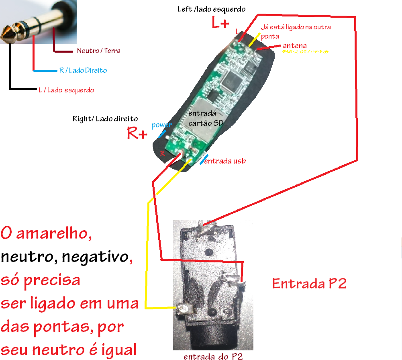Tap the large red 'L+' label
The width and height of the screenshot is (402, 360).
pyautogui.click(x=221, y=23)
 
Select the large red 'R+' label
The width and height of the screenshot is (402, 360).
pyautogui.click(x=137, y=133)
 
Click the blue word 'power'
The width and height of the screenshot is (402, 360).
pyautogui.click(x=161, y=125)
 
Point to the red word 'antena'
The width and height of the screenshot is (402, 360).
pyautogui.click(x=295, y=46)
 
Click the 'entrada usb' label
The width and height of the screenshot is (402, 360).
pyautogui.click(x=225, y=161)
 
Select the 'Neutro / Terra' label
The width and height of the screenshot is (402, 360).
pyautogui.click(x=98, y=51)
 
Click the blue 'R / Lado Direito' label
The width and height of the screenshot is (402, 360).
pyautogui.click(x=83, y=70)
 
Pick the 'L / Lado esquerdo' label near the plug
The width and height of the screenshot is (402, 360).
pyautogui.click(x=66, y=90)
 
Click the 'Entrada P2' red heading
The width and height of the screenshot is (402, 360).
pyautogui.click(x=309, y=284)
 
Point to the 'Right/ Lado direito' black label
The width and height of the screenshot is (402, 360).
pyautogui.click(x=105, y=119)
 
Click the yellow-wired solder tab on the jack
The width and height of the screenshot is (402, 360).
pyautogui.click(x=183, y=309)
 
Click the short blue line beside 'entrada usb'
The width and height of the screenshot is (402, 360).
pyautogui.click(x=204, y=159)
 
